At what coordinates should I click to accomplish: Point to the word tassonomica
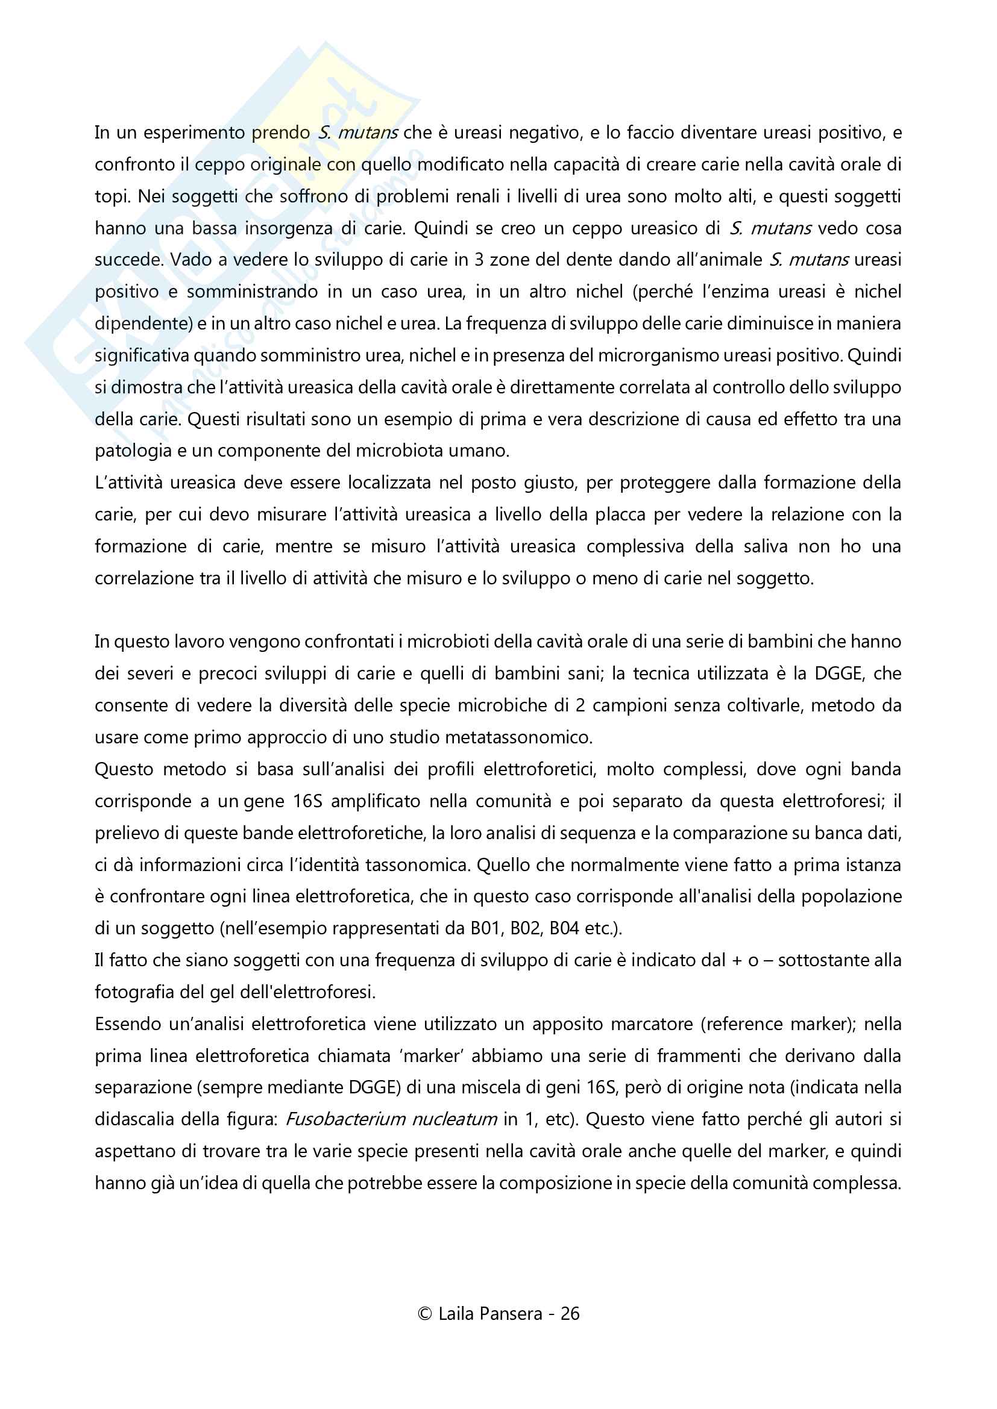coord(418,864)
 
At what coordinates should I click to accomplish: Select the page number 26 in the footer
coord(570,1313)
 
